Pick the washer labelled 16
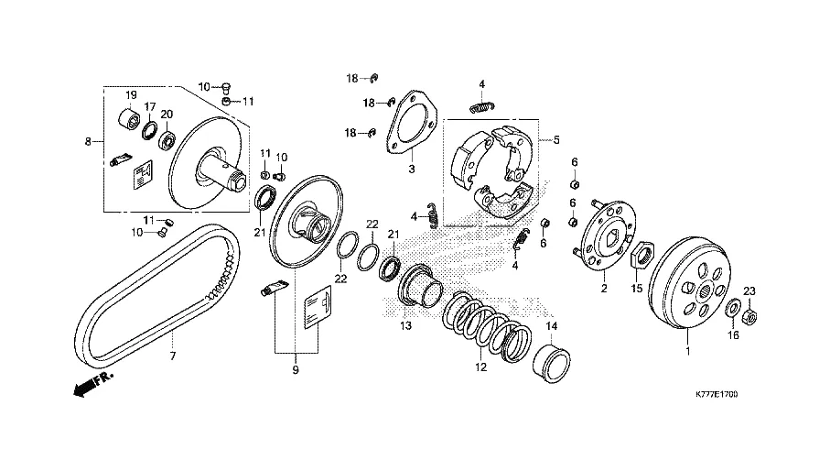pyautogui.click(x=734, y=309)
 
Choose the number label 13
pyautogui.click(x=405, y=326)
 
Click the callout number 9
pyautogui.click(x=296, y=370)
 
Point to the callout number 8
pyautogui.click(x=88, y=142)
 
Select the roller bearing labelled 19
pyautogui.click(x=131, y=120)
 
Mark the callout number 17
pyautogui.click(x=149, y=106)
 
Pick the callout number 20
pyautogui.click(x=167, y=115)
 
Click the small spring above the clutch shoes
pyautogui.click(x=480, y=107)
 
